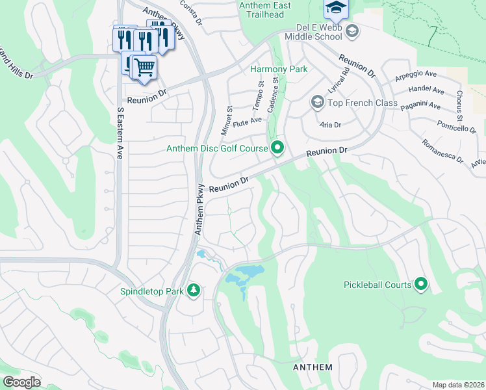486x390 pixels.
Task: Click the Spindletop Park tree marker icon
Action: click(x=193, y=289)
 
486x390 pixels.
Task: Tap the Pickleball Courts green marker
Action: click(x=421, y=283)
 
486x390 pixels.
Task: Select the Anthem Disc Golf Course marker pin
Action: click(x=277, y=148)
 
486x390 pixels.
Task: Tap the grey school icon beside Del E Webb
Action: click(x=352, y=30)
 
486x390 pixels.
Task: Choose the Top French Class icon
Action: click(x=317, y=102)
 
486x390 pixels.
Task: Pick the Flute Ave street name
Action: click(x=247, y=120)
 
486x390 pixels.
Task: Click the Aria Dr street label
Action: click(x=330, y=123)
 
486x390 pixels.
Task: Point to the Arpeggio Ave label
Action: click(x=416, y=77)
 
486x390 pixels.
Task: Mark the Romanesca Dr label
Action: click(x=442, y=151)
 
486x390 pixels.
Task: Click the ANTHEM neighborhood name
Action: click(x=313, y=367)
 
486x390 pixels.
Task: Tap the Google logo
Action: click(x=21, y=382)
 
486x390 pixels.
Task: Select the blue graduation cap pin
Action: click(x=336, y=8)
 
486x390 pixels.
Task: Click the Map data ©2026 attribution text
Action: click(x=457, y=385)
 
